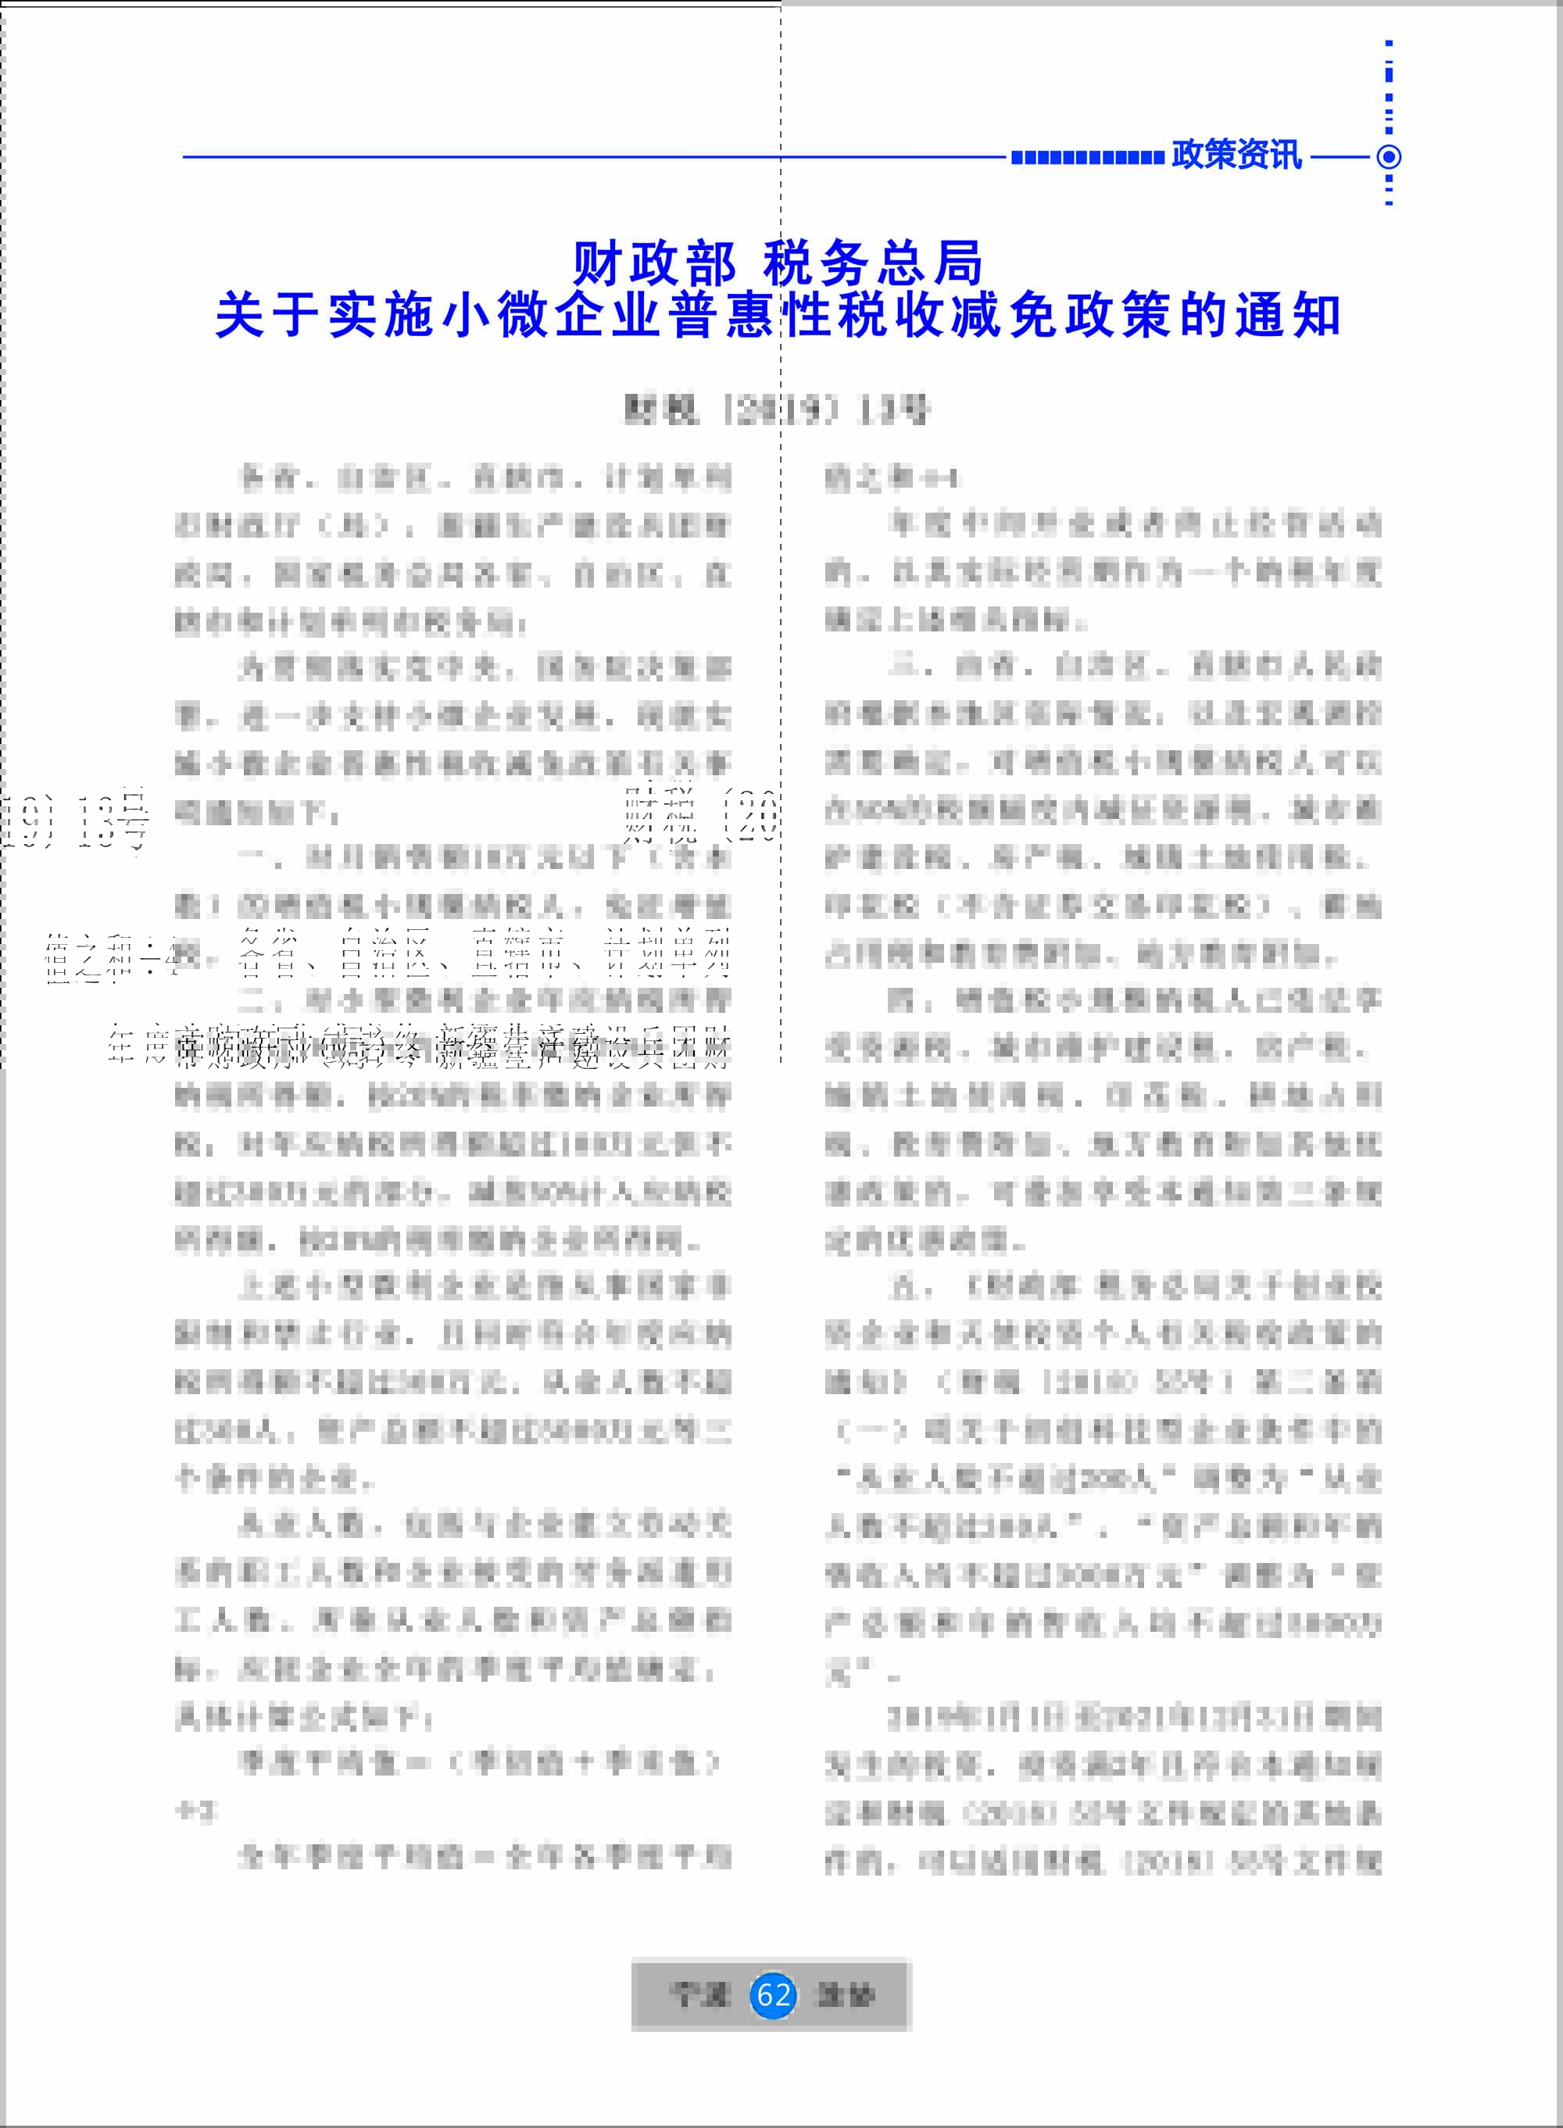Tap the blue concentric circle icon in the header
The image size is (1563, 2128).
[1388, 157]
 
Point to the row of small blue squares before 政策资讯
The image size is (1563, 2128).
[1086, 158]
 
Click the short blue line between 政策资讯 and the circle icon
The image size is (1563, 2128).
[1339, 157]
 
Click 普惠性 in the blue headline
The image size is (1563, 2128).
[751, 316]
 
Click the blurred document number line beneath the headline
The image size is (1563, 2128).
[776, 410]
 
